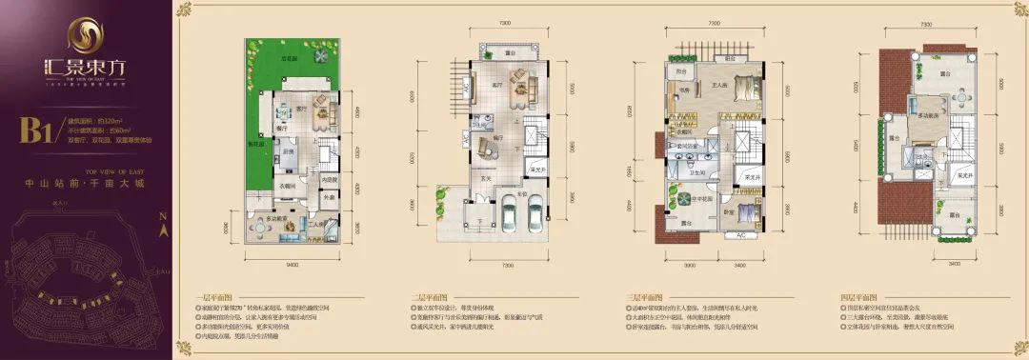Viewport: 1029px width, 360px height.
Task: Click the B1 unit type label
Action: [36, 131]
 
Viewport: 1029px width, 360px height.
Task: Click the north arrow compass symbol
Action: [163, 229]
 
